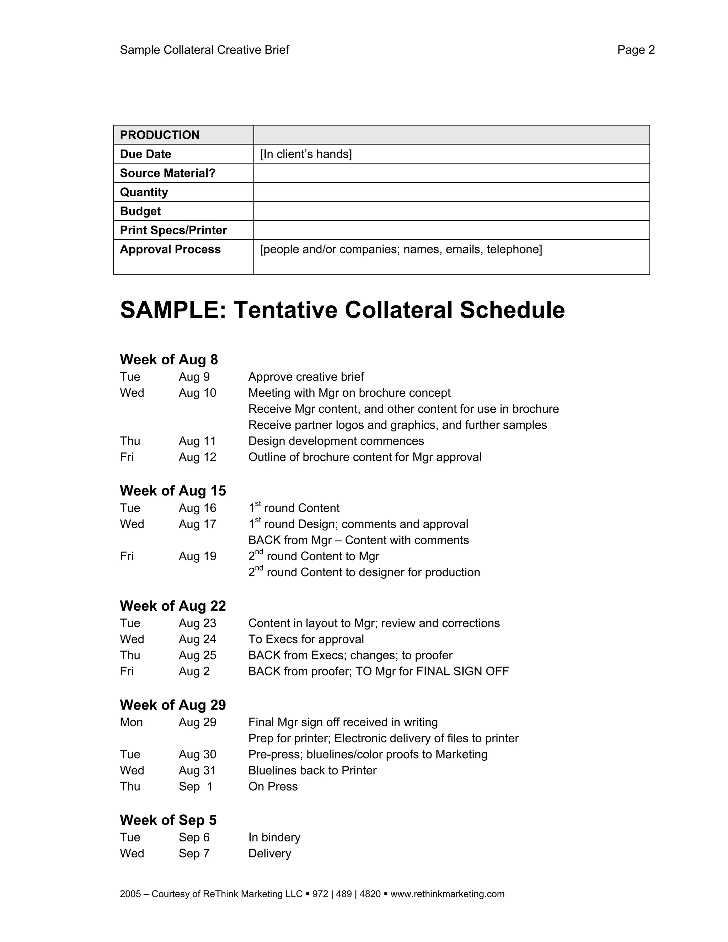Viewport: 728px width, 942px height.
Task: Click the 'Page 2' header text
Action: point(636,50)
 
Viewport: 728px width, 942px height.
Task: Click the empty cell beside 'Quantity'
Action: point(451,192)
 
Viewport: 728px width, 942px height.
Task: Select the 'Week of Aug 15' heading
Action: point(173,491)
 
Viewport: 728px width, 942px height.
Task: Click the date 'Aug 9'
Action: point(194,377)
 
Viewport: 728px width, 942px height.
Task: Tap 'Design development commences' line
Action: point(336,441)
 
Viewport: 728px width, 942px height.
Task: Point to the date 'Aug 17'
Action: point(198,524)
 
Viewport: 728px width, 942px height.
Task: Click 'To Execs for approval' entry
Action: point(306,639)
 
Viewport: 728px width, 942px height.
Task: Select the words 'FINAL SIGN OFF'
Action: point(462,671)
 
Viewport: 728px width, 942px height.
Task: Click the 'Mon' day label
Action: point(131,722)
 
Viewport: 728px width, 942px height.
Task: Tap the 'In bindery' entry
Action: point(274,837)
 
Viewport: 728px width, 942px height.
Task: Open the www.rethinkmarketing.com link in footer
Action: point(447,894)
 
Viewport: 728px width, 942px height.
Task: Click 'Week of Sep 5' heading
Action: point(168,820)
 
